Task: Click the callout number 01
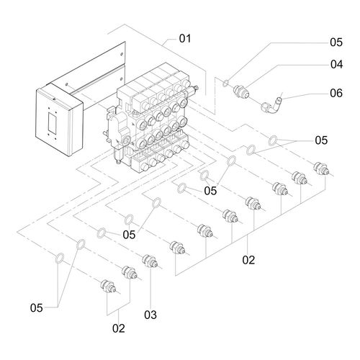click(185, 39)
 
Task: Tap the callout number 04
click(336, 64)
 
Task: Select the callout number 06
click(336, 93)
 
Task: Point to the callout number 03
click(150, 315)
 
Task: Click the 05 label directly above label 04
click(336, 42)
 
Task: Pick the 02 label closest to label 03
click(119, 328)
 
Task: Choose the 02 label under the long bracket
click(248, 260)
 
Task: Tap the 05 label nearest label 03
click(129, 235)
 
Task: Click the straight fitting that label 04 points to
click(241, 92)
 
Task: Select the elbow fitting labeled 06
click(271, 106)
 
